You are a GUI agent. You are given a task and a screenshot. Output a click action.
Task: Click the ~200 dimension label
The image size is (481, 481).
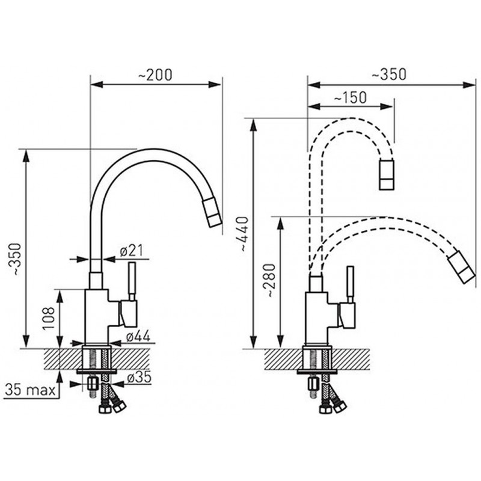click(155, 75)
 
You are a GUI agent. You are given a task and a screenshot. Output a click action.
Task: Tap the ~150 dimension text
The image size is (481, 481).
click(350, 98)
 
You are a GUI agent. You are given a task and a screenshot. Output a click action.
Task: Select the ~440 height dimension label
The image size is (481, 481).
click(244, 234)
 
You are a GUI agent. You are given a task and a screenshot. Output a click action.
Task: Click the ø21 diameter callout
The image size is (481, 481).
click(132, 251)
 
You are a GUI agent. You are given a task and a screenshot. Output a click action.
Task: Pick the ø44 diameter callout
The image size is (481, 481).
click(138, 337)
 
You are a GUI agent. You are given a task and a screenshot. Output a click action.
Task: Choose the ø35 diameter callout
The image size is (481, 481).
click(139, 378)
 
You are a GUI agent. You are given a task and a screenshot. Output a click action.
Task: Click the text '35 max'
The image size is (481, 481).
click(31, 390)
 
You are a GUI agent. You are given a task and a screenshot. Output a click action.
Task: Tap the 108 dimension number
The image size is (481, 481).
click(49, 319)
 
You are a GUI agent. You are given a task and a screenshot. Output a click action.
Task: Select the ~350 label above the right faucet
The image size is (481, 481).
click(389, 75)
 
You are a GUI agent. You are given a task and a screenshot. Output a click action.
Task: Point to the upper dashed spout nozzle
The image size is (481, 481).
click(387, 174)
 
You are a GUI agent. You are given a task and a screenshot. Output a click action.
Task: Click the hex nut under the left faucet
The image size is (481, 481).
click(92, 383)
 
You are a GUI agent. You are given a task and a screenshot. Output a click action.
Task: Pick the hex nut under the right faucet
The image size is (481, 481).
click(313, 383)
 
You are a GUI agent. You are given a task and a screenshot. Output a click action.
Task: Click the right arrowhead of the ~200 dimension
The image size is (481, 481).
click(215, 85)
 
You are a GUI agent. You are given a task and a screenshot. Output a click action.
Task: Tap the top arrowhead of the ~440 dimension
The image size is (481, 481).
click(253, 125)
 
